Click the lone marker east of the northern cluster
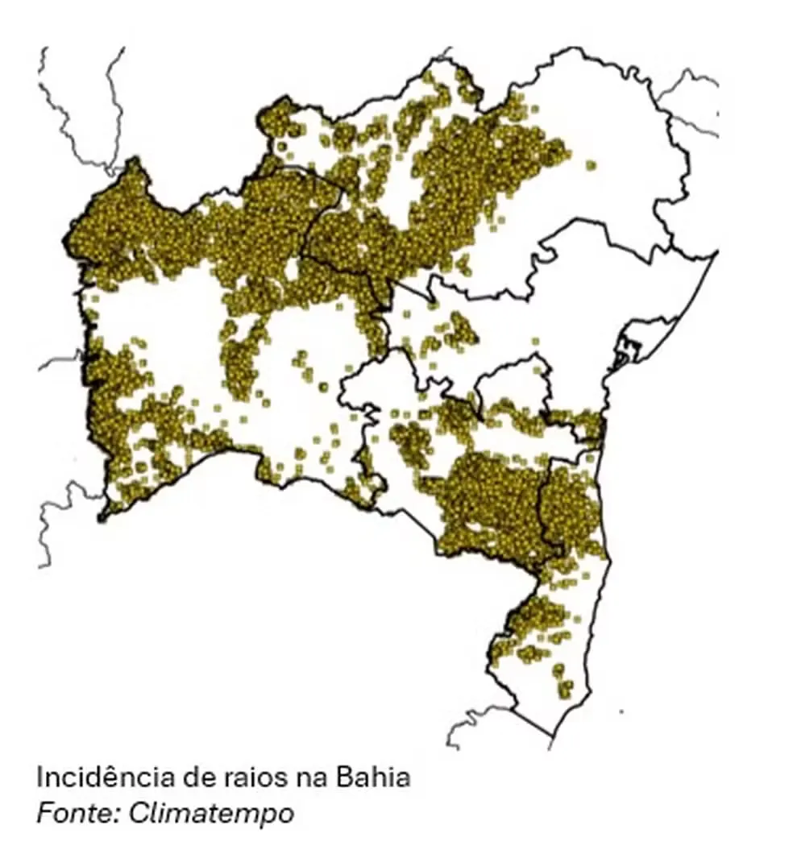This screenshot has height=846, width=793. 591,165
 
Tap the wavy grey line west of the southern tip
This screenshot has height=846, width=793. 475,721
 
